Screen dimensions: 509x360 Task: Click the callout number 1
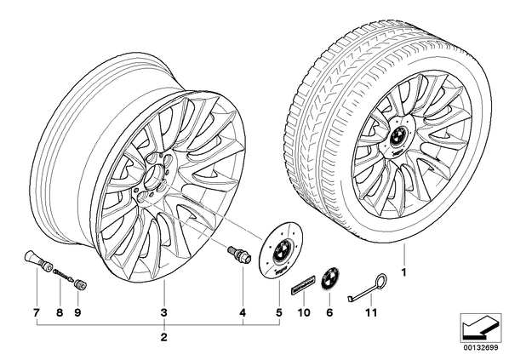(x=403, y=273)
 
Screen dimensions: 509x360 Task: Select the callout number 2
(x=164, y=337)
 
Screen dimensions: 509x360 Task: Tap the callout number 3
(x=164, y=312)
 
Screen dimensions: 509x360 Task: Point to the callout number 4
(x=243, y=312)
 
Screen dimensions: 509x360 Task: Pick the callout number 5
(x=279, y=312)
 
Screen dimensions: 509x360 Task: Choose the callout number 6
(x=329, y=312)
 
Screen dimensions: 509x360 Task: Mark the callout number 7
(x=36, y=312)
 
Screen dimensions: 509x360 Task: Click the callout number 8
(x=59, y=312)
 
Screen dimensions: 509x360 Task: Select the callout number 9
(x=77, y=312)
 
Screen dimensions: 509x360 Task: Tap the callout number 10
(x=303, y=312)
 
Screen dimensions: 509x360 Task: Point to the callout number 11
(x=371, y=312)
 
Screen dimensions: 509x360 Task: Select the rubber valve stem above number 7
(x=38, y=260)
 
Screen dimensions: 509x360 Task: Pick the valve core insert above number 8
(x=64, y=274)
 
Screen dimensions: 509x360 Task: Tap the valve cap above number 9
(x=80, y=285)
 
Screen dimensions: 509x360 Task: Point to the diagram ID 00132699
(x=481, y=348)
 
